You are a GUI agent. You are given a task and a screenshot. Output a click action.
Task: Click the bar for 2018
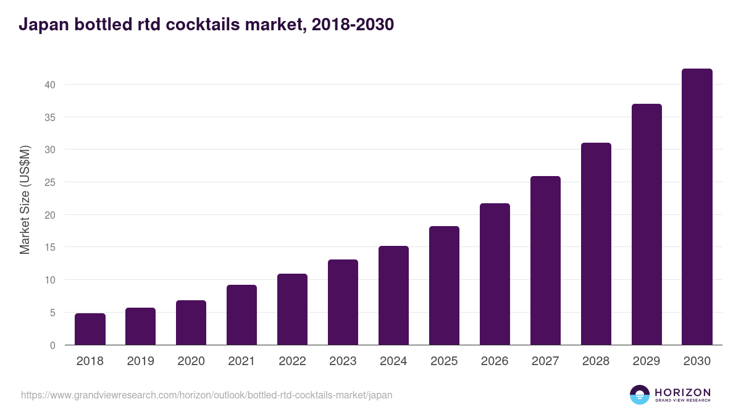pos(90,329)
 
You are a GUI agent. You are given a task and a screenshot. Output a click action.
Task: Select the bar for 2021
pos(241,315)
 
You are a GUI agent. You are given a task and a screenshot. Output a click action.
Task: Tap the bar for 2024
pos(393,295)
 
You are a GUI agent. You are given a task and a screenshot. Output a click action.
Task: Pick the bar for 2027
pos(545,261)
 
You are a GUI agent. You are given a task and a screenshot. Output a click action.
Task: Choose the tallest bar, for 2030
pos(697,207)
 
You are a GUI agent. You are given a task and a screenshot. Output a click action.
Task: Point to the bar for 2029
pos(647,224)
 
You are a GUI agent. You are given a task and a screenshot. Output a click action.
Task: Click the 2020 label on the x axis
pos(191,361)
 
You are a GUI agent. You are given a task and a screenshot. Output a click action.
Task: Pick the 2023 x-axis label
pos(343,361)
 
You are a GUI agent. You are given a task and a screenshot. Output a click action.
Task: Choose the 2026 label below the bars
pos(495,361)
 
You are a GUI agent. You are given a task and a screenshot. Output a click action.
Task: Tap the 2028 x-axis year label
pos(596,361)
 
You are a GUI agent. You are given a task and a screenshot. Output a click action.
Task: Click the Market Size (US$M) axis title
pos(25,200)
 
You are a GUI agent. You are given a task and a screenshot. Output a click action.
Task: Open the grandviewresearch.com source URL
pos(206,395)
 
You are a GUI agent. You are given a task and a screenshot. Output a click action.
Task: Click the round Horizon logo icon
pos(640,395)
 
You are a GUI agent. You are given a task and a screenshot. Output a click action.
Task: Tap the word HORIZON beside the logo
pos(682,392)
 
